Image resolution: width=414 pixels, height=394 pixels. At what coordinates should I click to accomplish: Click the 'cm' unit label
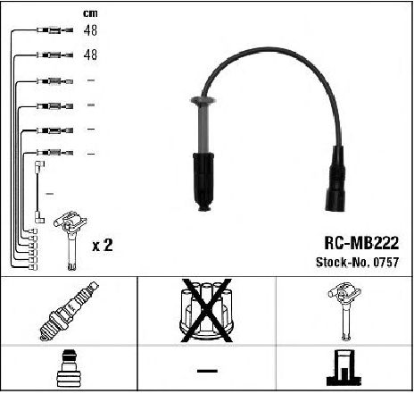[x=90, y=13]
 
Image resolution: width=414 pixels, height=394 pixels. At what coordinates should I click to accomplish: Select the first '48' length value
[x=90, y=30]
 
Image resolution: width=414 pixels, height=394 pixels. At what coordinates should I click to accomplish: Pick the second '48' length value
[x=90, y=54]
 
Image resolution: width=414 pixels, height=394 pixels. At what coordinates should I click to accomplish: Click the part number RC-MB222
[x=361, y=243]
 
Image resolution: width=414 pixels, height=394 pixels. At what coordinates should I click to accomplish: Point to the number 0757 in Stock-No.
[x=386, y=262]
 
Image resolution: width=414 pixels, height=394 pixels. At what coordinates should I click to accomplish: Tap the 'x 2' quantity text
[x=103, y=246]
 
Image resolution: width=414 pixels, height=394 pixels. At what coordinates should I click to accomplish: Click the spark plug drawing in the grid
[x=69, y=311]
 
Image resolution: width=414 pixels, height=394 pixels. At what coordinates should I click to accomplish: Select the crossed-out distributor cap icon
[x=207, y=310]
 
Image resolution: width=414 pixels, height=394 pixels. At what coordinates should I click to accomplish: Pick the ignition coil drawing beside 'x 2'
[x=70, y=240]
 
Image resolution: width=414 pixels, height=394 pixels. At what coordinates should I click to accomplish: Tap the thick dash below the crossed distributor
[x=207, y=371]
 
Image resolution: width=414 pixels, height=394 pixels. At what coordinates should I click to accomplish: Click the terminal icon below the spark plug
[x=69, y=368]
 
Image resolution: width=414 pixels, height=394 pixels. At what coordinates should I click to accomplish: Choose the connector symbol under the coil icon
[x=344, y=368]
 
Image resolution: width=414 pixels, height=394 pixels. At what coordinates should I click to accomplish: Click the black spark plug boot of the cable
[x=203, y=181]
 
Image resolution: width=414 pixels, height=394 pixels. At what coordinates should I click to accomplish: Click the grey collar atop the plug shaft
[x=203, y=100]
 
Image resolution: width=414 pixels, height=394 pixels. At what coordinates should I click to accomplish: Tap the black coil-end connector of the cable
[x=336, y=179]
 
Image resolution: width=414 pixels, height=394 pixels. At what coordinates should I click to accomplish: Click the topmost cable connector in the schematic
[x=55, y=30]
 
